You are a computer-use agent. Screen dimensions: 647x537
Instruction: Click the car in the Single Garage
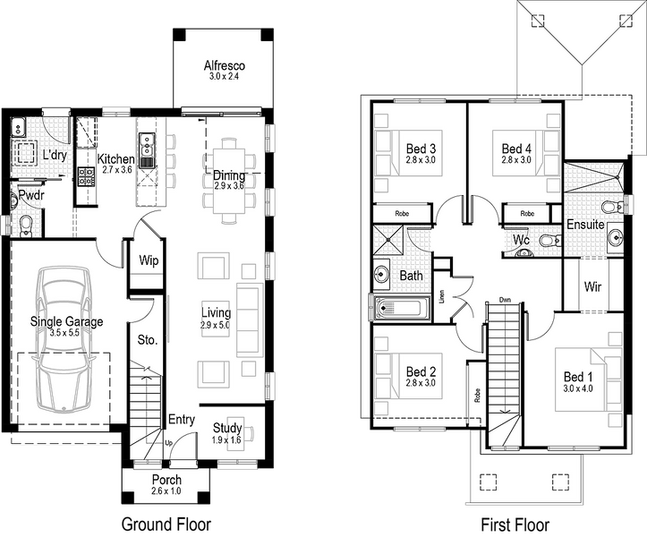(63, 339)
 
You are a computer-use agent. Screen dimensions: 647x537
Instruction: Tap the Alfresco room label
(224, 65)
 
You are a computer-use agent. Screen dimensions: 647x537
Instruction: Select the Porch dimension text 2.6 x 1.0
(166, 490)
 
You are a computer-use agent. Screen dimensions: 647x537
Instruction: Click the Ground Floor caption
(166, 524)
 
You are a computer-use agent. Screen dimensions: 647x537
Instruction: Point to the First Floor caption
(515, 524)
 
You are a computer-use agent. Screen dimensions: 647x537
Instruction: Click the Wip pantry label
(149, 260)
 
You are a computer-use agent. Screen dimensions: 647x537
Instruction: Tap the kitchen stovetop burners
(87, 175)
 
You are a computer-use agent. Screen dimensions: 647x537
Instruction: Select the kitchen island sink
(147, 149)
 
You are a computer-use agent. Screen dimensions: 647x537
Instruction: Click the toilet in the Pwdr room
(26, 226)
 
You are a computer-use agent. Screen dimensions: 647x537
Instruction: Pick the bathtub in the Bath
(399, 308)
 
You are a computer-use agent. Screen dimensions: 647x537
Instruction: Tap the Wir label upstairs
(592, 286)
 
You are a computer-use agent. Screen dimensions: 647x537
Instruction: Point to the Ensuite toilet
(613, 206)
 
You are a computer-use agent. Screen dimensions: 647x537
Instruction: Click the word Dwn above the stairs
(505, 300)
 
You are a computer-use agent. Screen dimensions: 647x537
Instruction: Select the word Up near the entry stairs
(169, 443)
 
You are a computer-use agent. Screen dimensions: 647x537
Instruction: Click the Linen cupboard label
(442, 297)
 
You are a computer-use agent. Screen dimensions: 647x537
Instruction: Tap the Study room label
(227, 428)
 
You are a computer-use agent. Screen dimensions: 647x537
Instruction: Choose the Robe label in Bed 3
(402, 213)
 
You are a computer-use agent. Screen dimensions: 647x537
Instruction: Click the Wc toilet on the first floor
(548, 240)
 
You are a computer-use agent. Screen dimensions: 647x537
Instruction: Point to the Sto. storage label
(148, 340)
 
